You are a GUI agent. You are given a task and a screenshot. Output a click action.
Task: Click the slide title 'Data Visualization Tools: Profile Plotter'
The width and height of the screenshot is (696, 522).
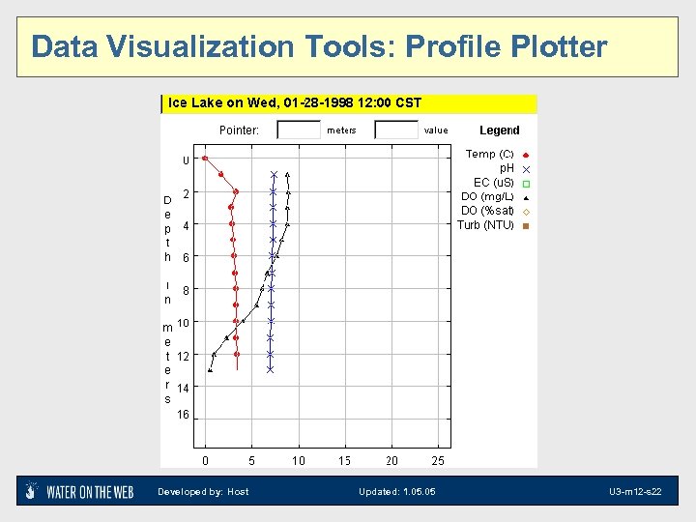(x=319, y=46)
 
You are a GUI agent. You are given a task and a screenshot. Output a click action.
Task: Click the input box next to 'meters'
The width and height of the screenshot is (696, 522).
(x=298, y=130)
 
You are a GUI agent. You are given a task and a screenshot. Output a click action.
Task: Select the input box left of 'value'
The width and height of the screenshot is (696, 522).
(x=395, y=130)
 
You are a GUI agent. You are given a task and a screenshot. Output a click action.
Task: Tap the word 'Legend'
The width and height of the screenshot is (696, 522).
(x=500, y=130)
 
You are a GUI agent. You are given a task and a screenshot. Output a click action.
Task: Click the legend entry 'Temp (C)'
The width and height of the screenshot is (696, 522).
(x=489, y=154)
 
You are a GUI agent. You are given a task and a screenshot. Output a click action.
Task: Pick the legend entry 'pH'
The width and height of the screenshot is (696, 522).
(x=506, y=168)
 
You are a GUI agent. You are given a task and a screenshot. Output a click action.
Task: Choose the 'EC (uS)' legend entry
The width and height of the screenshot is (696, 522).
(x=493, y=183)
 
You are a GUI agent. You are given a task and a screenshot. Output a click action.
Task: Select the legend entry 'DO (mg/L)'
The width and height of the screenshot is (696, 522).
(x=487, y=197)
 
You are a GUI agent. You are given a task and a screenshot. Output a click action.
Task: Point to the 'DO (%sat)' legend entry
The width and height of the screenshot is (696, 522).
(x=487, y=211)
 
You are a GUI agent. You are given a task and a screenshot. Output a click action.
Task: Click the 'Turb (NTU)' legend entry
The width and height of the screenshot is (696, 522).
(x=485, y=225)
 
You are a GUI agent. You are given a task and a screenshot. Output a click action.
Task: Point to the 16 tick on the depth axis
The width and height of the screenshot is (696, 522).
(x=183, y=416)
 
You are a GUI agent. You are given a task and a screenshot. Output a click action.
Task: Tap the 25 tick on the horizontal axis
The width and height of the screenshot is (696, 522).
(x=438, y=460)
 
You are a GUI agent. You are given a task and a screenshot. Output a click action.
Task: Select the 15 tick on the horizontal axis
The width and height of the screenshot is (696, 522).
(x=344, y=460)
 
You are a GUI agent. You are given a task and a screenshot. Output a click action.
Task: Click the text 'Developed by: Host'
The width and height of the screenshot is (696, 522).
(x=203, y=492)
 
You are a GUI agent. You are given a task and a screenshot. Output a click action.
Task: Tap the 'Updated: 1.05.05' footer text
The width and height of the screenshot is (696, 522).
(x=396, y=492)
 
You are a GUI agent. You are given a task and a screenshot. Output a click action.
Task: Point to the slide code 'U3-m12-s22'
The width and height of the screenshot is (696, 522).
(x=634, y=492)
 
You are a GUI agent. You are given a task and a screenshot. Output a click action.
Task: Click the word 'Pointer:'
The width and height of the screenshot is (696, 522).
(x=239, y=130)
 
